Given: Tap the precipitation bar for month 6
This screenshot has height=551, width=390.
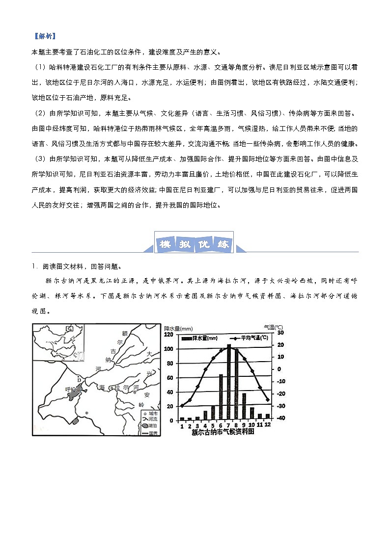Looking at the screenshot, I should tap(221, 397).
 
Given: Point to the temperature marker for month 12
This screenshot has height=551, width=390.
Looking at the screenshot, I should tap(268, 400).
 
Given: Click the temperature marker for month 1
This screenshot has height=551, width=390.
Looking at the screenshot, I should tap(182, 406).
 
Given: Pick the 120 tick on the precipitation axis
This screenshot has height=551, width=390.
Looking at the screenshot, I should tap(169, 335).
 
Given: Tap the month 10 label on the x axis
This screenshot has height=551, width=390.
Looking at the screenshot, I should tap(252, 425).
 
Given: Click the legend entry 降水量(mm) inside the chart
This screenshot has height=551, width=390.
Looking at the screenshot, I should tap(199, 339).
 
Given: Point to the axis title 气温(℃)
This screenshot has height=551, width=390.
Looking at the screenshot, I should tap(273, 327).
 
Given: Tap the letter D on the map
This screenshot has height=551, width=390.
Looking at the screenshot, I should tap(79, 379).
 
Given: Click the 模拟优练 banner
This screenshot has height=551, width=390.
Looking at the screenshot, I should tap(194, 244).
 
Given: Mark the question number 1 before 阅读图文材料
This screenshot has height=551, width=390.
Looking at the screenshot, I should tap(34, 267).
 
